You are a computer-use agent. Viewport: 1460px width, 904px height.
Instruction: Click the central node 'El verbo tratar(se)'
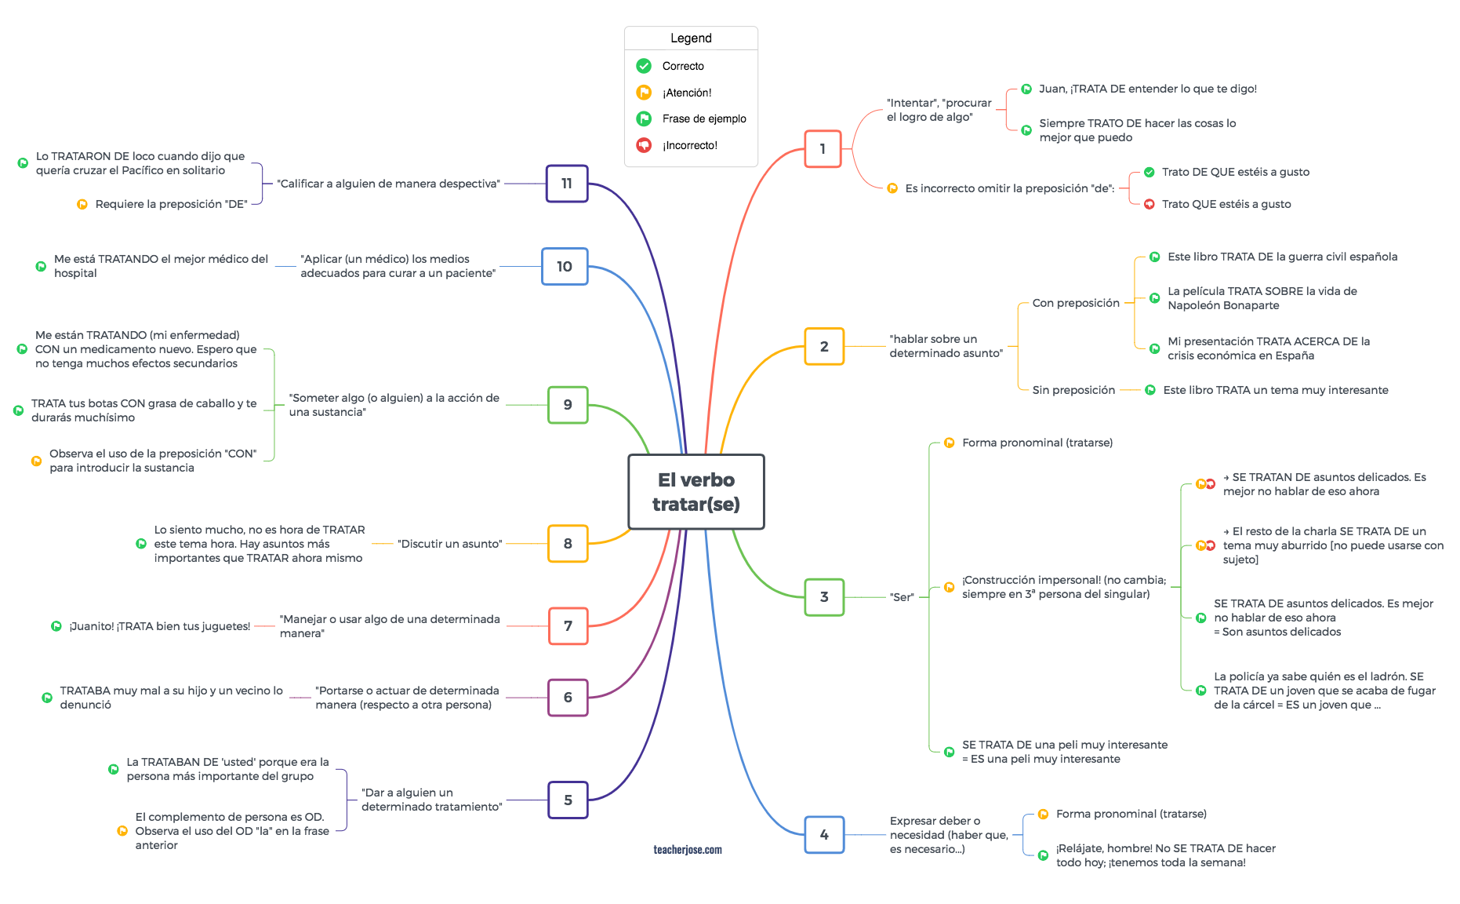696,492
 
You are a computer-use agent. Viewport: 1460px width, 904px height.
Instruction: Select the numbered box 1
823,149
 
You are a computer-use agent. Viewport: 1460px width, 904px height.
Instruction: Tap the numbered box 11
567,184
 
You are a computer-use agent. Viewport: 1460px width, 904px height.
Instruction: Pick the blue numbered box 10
565,267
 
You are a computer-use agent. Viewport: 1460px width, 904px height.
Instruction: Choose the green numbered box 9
568,405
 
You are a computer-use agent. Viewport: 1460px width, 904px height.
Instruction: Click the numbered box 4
824,835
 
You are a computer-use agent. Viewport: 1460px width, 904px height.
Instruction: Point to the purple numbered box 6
568,698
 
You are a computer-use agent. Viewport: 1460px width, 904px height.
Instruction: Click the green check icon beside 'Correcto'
644,66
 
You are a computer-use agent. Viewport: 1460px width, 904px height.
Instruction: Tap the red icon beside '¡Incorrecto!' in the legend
644,145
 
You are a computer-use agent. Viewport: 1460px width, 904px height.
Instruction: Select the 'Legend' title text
691,38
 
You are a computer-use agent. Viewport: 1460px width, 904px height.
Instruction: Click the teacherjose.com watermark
688,850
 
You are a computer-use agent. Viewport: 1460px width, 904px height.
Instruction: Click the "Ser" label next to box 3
902,597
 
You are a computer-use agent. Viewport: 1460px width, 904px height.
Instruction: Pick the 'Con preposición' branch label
1076,303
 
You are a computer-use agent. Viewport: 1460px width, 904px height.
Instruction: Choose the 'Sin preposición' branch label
1073,390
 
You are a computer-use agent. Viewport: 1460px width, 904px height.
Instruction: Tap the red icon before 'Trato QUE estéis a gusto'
1149,204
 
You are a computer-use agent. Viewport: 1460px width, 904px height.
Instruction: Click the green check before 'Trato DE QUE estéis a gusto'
1149,172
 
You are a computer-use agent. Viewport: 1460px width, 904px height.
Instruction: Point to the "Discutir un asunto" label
449,544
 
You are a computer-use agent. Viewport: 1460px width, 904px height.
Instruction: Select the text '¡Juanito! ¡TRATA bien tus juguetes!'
160,626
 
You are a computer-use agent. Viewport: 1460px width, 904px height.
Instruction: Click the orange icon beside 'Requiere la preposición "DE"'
82,204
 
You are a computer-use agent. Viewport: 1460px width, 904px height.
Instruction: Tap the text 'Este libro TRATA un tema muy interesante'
1276,390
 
